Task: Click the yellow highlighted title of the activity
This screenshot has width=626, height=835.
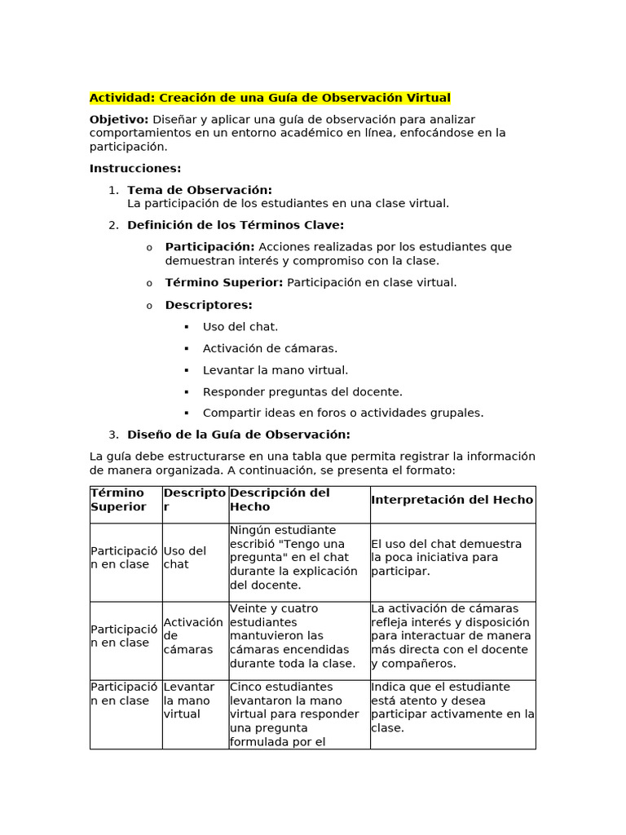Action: tap(270, 98)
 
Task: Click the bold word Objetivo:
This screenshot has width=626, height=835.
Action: tap(119, 119)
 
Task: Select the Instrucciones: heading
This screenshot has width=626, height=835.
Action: tap(135, 168)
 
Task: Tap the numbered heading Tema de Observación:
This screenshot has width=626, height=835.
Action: tap(200, 190)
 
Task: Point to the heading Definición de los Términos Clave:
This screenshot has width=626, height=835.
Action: tap(236, 225)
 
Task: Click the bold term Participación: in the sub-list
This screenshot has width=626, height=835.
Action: tap(209, 246)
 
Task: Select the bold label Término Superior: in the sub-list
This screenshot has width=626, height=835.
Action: tap(224, 282)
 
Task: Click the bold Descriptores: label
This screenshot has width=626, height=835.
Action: tap(209, 305)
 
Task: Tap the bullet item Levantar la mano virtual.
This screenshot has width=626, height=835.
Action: tap(276, 370)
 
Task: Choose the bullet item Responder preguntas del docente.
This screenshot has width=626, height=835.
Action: tap(302, 391)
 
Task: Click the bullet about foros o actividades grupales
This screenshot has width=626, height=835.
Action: tap(343, 413)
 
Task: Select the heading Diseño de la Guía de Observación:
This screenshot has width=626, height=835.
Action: tap(239, 435)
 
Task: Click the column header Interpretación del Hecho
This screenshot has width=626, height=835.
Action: tap(452, 500)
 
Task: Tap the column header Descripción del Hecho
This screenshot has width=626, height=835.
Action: tap(280, 499)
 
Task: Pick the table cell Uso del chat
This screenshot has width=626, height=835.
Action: tap(185, 558)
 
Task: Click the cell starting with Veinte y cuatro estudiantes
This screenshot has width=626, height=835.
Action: tap(293, 636)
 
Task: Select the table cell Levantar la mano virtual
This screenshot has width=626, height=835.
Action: tap(189, 700)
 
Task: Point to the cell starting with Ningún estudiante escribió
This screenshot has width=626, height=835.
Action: tap(293, 558)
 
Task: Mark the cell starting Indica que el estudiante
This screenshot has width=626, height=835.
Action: tap(452, 707)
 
